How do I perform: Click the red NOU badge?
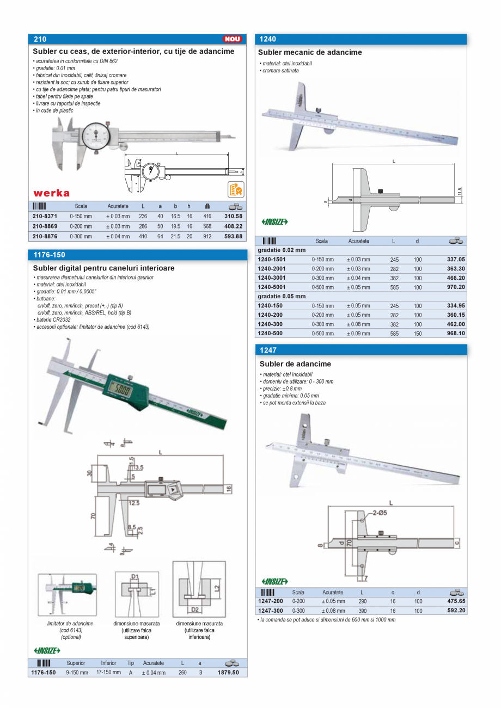pos(232,39)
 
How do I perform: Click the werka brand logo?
pos(52,193)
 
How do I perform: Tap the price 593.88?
pos(233,236)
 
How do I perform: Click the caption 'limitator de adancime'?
pos(70,624)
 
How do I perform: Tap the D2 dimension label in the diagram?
pos(194,609)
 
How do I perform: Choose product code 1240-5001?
pos(271,287)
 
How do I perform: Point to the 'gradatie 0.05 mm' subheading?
pos(282,296)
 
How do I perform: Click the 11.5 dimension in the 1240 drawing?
pos(460,192)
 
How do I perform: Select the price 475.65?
pos(456,601)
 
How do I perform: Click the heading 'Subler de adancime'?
pos(295,364)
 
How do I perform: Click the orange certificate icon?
pos(235,189)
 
